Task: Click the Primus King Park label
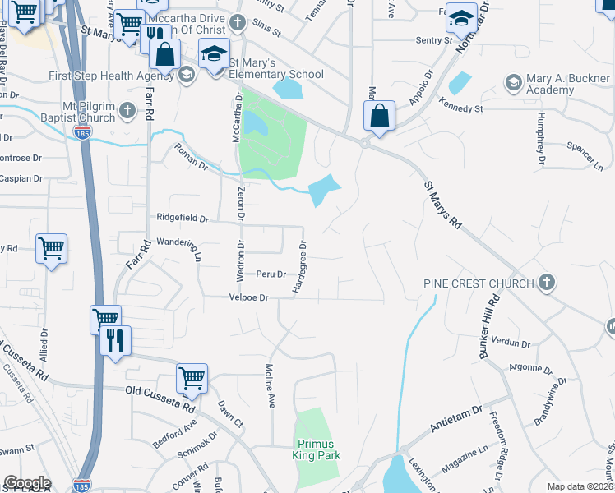click(x=316, y=449)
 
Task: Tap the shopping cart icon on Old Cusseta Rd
click(x=192, y=379)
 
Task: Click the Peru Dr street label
click(x=271, y=274)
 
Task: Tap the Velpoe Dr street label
click(x=249, y=298)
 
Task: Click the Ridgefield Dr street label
click(x=183, y=219)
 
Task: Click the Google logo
click(x=26, y=483)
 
